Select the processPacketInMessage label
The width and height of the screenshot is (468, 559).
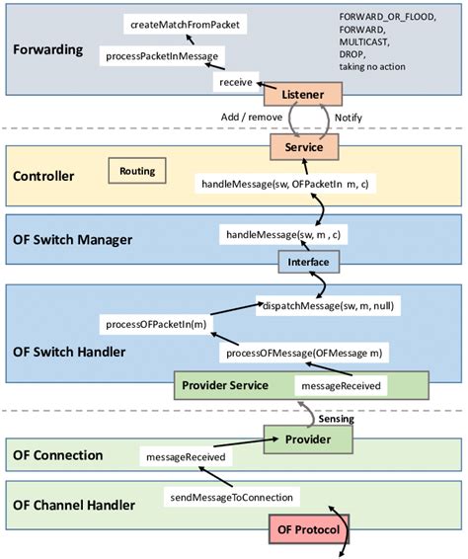click(x=164, y=56)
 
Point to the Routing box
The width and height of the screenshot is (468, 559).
click(x=136, y=172)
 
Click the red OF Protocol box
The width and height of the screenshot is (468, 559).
click(x=311, y=530)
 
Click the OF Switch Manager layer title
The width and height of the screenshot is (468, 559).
click(x=72, y=240)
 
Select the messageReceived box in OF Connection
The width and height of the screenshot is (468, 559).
click(x=183, y=457)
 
